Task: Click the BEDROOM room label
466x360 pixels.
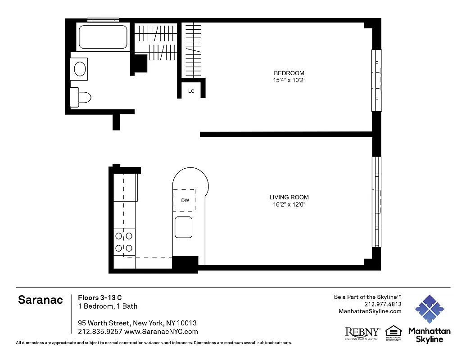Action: point(289,73)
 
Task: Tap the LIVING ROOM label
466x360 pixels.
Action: point(289,197)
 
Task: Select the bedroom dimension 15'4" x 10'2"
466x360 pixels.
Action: point(289,81)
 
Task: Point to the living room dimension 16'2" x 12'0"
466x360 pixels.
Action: point(289,205)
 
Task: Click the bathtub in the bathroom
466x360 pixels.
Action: point(103,37)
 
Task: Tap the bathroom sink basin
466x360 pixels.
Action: point(80,69)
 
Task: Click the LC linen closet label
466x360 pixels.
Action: point(191,91)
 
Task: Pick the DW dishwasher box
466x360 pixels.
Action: point(185,200)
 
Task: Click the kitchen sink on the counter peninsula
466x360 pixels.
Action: point(184,227)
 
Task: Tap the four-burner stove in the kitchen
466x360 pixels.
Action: point(124,242)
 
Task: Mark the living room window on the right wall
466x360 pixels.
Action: point(376,202)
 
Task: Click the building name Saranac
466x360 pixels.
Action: point(41,300)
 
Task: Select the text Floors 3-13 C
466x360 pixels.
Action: point(100,297)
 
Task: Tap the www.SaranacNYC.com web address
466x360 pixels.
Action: point(161,332)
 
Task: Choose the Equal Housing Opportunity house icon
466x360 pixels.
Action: point(393,332)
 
